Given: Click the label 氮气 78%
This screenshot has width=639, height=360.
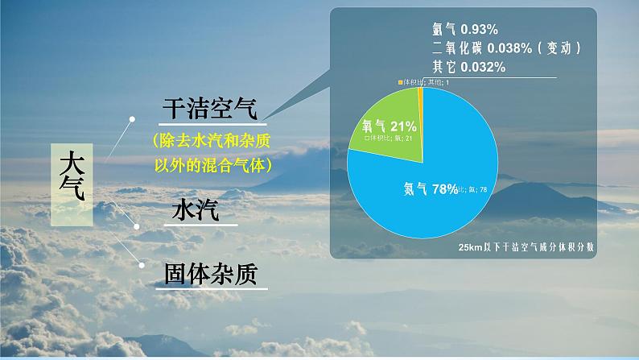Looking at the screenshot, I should click(x=430, y=189).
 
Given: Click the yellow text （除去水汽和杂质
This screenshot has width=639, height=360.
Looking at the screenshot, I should click(x=211, y=140).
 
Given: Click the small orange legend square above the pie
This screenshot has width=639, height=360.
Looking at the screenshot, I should click(x=400, y=82).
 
